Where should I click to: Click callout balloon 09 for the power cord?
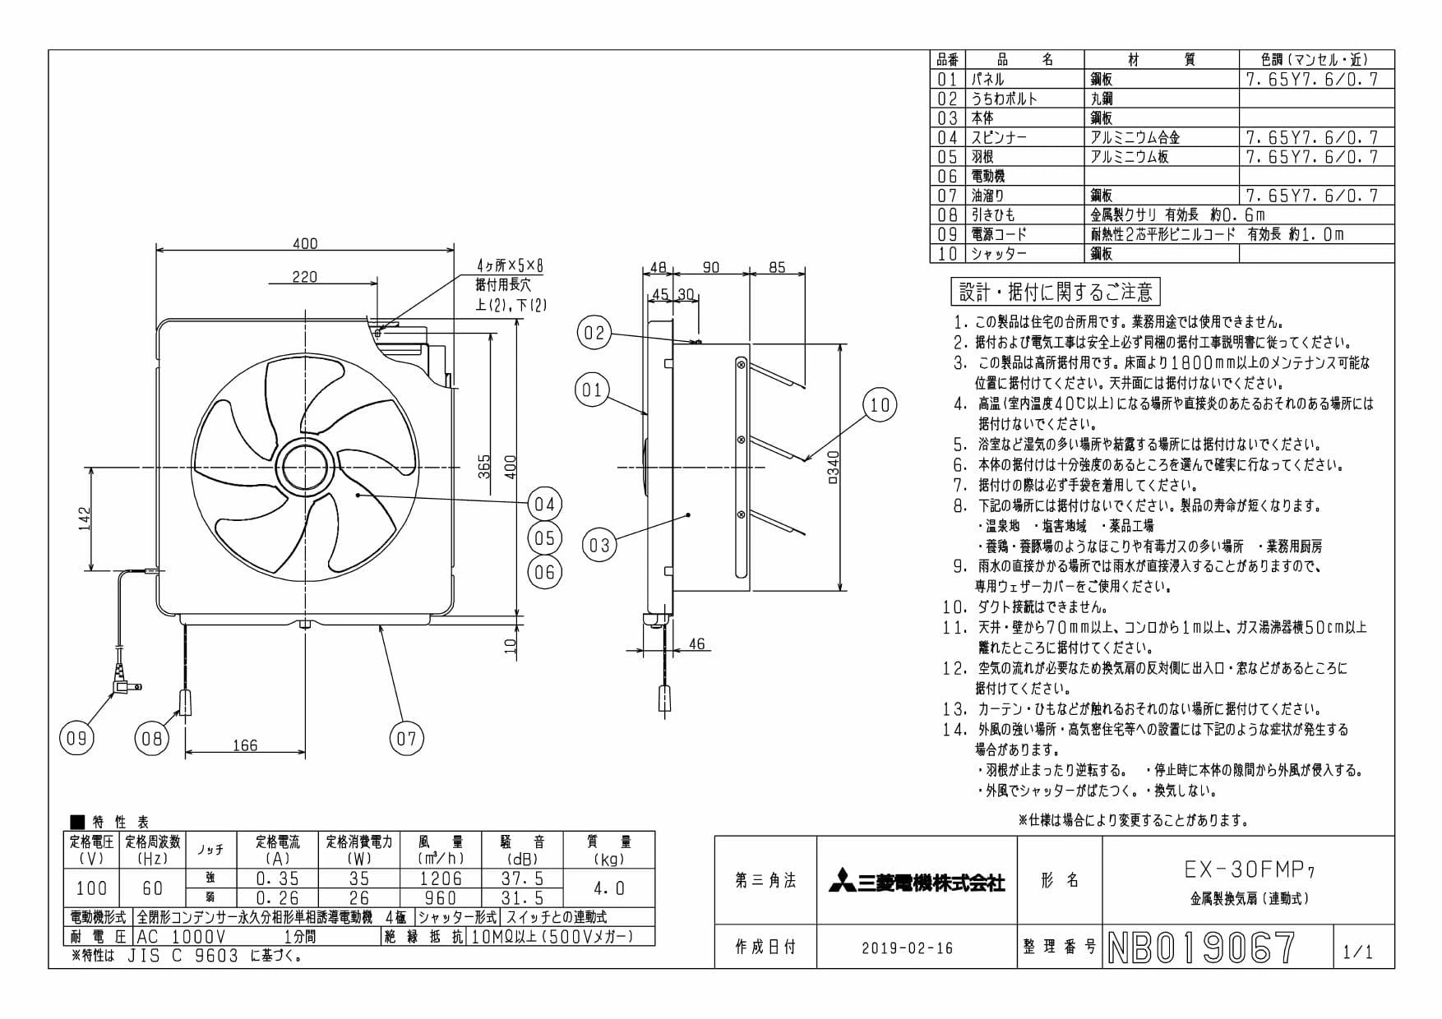click(76, 738)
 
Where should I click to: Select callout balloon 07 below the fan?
click(407, 738)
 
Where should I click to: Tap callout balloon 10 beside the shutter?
click(880, 404)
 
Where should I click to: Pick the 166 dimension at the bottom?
click(245, 745)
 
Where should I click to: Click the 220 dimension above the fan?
click(304, 277)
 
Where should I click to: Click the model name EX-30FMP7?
click(1249, 869)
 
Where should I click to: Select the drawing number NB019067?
click(1201, 948)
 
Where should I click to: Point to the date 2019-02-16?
click(907, 948)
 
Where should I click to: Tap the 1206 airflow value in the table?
click(441, 878)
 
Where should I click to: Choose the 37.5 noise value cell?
click(523, 878)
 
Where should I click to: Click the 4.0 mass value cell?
click(609, 888)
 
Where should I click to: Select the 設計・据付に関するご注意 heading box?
click(1056, 291)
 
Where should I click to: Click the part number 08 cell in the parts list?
click(947, 214)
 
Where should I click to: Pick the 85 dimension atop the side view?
click(777, 267)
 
